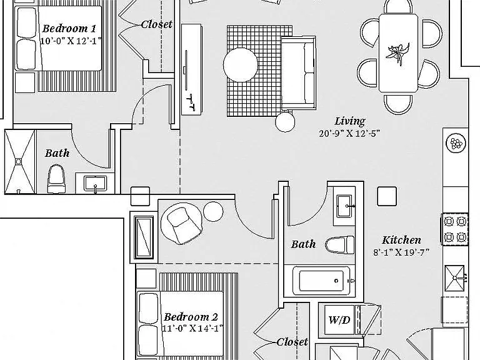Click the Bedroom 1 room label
(69, 29)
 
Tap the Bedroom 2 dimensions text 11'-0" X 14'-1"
(192, 329)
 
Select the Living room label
(350, 121)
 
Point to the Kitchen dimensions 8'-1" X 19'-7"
(401, 252)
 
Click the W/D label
(339, 320)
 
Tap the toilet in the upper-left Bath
(56, 179)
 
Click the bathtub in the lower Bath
(321, 281)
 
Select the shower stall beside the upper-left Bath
(20, 162)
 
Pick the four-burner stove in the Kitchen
(455, 229)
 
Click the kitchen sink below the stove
(454, 278)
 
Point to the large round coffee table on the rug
(240, 64)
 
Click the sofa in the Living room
(299, 73)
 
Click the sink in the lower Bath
(345, 206)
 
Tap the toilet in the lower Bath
(339, 245)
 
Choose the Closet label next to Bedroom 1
(157, 24)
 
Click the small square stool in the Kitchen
(387, 196)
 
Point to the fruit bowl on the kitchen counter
(456, 143)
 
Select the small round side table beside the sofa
(285, 121)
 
